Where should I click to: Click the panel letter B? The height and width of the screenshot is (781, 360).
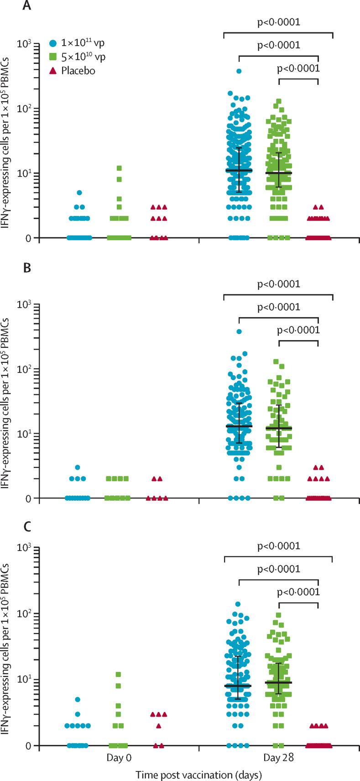pos(28,267)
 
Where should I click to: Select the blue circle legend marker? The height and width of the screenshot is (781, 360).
pos(53,44)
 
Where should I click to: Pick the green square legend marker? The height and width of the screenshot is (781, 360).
pos(53,58)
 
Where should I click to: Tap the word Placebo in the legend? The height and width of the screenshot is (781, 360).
pos(78,71)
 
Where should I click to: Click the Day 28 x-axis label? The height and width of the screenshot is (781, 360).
pos(279,758)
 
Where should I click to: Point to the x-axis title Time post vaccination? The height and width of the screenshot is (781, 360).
pos(198,774)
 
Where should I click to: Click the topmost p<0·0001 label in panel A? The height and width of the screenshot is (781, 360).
pos(279,22)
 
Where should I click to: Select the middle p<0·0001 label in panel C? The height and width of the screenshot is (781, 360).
pos(279,569)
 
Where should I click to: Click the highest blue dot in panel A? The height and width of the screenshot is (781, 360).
pos(239,71)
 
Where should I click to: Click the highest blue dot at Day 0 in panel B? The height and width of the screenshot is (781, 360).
pos(78,467)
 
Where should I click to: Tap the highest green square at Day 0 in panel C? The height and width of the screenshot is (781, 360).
pos(119,674)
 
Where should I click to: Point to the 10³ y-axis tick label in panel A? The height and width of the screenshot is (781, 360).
pos(25,44)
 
